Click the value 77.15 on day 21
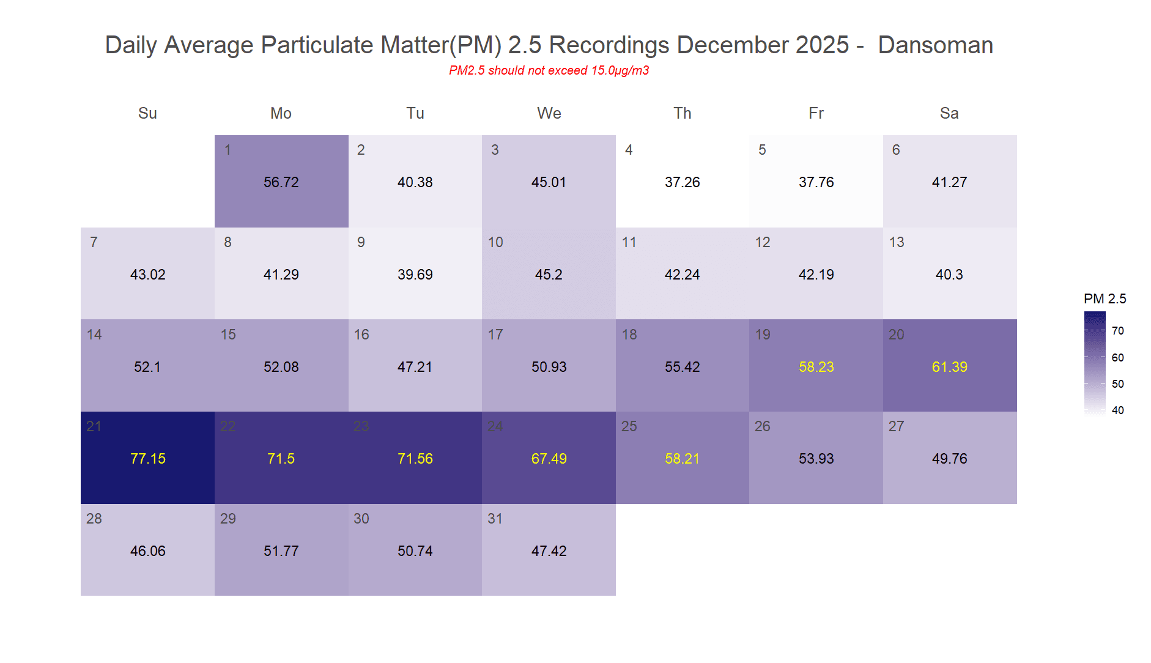pos(147,459)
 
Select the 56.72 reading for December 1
pos(281,182)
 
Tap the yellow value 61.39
pos(949,367)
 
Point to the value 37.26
pos(682,182)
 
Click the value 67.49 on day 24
pos(549,459)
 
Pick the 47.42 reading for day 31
pos(549,551)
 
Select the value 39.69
pos(415,275)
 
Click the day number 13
pos(896,242)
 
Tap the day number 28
pos(94,519)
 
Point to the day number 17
pos(495,335)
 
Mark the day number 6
pos(895,150)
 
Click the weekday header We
pos(549,113)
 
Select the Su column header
pos(147,113)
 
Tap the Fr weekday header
pos(816,113)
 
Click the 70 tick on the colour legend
pos(1117,331)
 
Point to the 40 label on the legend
pos(1117,410)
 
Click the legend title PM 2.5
pos(1105,298)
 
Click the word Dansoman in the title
pos(935,45)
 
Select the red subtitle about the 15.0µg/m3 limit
pos(549,70)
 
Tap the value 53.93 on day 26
pos(816,459)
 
